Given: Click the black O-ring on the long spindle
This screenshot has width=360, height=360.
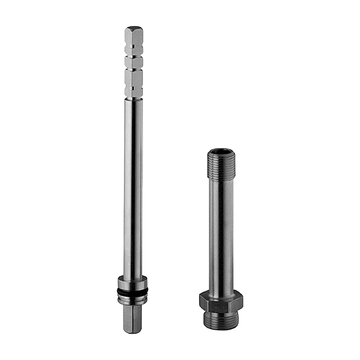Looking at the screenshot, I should [133, 292].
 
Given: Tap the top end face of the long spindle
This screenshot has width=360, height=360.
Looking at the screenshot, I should [134, 29].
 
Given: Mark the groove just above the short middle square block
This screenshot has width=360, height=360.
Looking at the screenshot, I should [133, 56].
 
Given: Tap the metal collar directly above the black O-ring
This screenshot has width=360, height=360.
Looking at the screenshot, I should [133, 282].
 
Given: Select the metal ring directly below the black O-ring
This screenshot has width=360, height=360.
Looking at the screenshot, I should [133, 300].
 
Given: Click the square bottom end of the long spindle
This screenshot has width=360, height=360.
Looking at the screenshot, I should [132, 319].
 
